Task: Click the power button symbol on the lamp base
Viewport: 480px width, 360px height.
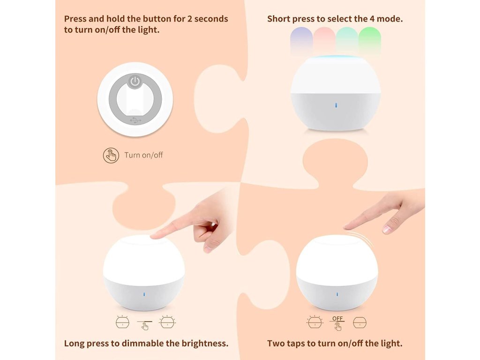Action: point(135,82)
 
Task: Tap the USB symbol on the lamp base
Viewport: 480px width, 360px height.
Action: point(135,120)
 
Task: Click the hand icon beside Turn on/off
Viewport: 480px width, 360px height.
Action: point(111,155)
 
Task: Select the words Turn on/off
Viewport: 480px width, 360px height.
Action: point(143,155)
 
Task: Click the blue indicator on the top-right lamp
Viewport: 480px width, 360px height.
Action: point(336,105)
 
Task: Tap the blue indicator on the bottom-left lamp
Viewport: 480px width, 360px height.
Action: point(144,294)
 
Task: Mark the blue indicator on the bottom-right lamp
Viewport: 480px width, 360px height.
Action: point(337,294)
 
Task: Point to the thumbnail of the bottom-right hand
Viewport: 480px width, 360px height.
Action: point(387,229)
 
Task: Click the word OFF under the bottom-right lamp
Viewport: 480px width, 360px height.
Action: point(337,318)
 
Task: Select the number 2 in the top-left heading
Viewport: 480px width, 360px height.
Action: point(190,19)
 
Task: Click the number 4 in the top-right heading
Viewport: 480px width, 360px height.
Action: point(372,19)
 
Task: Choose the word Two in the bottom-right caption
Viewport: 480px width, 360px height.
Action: point(275,343)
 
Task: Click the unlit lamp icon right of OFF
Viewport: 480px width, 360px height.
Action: point(360,322)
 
